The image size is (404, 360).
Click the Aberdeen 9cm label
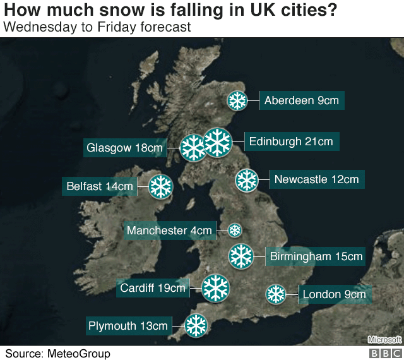[302, 100]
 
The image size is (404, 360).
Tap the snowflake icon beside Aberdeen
[237, 101]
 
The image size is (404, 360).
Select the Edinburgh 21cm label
[291, 141]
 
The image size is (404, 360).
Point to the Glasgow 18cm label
[124, 148]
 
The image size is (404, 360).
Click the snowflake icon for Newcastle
[246, 180]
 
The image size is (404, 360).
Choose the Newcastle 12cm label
[316, 179]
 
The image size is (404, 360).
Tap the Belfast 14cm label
[100, 186]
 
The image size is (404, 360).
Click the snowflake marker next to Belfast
[160, 186]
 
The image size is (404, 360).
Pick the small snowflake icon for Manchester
[235, 230]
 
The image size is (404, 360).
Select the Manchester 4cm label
[169, 231]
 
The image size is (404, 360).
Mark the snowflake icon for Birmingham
[241, 256]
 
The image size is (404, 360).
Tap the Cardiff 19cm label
[152, 289]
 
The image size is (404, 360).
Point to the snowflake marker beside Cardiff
[215, 288]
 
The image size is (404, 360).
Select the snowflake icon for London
[276, 294]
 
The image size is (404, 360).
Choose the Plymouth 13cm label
[128, 326]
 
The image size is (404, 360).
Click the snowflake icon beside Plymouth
[196, 326]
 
